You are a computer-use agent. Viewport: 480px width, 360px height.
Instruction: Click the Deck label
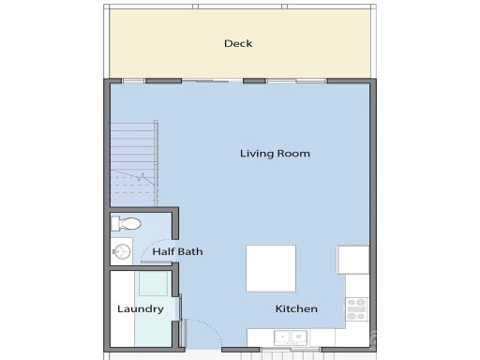238,43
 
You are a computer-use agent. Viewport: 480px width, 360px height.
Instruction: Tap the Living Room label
275,153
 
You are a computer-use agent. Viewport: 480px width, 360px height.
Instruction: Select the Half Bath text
178,251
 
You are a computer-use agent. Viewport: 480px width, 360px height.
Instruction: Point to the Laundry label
141,308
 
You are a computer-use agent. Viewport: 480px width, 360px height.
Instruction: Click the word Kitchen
296,308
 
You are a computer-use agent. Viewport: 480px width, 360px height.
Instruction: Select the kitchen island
271,268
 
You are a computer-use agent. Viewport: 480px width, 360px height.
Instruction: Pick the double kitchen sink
290,337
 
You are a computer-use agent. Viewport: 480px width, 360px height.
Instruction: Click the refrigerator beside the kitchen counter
353,260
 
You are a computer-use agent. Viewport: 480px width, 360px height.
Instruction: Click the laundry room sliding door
180,308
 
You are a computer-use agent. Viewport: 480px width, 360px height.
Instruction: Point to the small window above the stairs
134,81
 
